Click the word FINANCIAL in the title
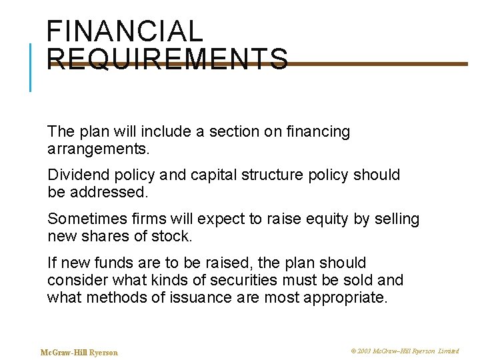[x=125, y=31]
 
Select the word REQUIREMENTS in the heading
[x=168, y=59]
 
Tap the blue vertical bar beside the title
[x=31, y=67]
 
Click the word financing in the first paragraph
[x=317, y=132]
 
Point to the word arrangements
[x=99, y=148]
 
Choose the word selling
[x=396, y=219]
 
